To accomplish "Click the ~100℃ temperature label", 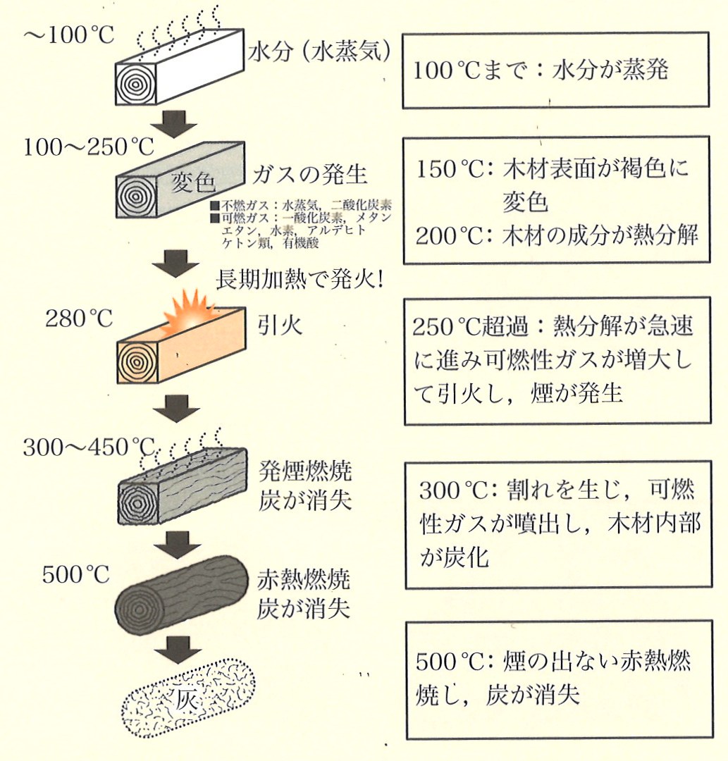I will tap(68, 35).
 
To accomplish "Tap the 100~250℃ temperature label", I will tap(88, 147).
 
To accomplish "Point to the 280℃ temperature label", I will tap(79, 318).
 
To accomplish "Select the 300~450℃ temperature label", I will tap(88, 447).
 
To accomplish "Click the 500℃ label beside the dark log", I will tap(76, 574).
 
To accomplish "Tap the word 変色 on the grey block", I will tap(192, 183).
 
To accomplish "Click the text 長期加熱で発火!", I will tap(300, 280).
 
